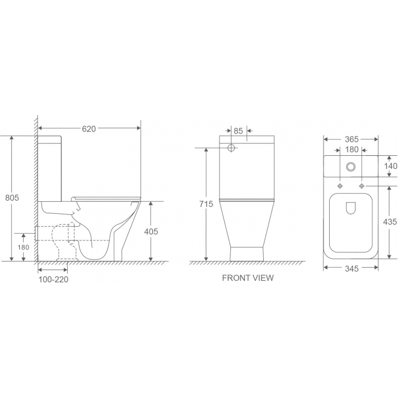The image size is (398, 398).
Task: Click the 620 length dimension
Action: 89,129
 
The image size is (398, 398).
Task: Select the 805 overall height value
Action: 12,197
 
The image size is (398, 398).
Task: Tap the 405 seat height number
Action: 151,231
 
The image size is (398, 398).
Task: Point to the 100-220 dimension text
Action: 53,280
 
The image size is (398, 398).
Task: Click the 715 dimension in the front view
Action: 206,204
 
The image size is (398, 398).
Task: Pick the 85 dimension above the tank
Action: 238,131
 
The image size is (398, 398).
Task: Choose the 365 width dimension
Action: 351,139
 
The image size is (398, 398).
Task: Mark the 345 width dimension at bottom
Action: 351,268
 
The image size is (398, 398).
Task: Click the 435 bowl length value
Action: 390,222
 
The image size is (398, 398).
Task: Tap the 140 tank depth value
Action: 391,166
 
